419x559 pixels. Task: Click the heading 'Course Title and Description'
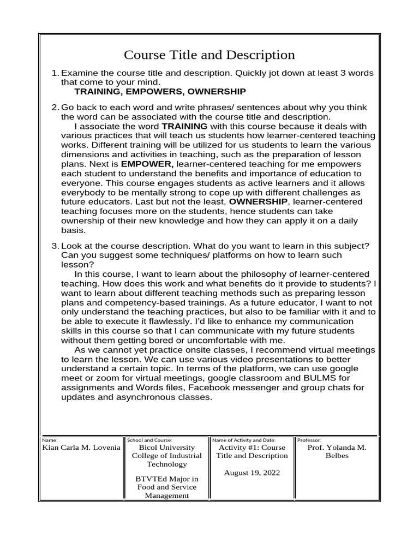209,55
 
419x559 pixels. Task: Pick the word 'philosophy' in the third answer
264,273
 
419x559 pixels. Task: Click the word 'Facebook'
202,388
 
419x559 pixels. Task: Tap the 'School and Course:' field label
149,439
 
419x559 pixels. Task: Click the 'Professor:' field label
309,439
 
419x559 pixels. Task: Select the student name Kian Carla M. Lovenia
81,448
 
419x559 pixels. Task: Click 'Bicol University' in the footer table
166,448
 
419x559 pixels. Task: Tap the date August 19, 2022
252,473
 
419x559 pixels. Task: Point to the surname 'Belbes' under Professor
337,456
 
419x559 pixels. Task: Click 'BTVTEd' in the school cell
149,479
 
